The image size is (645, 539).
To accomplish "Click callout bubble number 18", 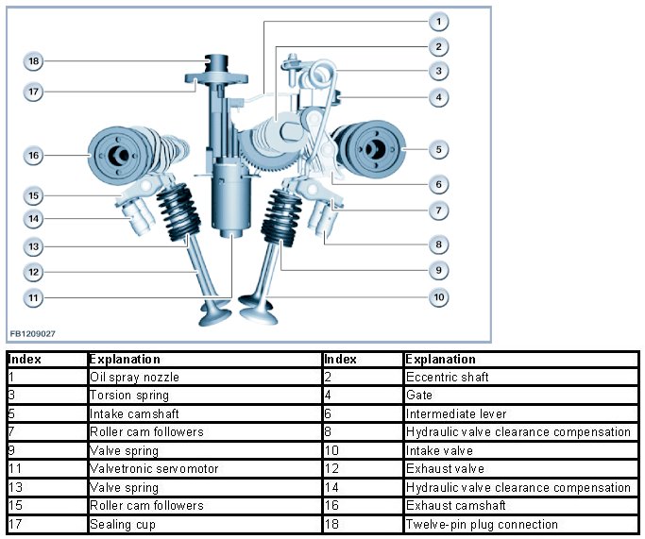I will [33, 61].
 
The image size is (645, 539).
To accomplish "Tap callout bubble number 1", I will [437, 21].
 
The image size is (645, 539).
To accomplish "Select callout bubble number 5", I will [437, 149].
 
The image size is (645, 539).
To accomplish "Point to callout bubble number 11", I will [33, 297].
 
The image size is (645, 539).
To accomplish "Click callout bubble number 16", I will [33, 154].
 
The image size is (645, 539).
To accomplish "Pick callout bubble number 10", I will [437, 297].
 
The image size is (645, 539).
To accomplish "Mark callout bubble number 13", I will [33, 247].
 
